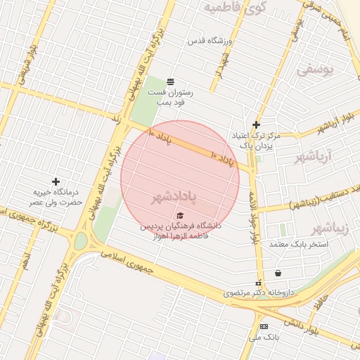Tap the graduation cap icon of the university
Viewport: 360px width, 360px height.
(180, 216)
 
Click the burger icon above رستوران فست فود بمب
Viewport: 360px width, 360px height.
(170, 82)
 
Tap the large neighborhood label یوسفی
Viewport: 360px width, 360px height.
(314, 70)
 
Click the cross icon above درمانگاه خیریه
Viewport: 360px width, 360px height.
(56, 181)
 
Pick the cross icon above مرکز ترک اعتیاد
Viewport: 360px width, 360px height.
(257, 124)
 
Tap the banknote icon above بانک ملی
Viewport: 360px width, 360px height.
(264, 327)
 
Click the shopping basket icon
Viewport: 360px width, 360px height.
(279, 274)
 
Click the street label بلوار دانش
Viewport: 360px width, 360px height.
(304, 329)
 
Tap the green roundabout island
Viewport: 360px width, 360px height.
(81, 241)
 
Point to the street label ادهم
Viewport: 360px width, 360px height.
(26, 264)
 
